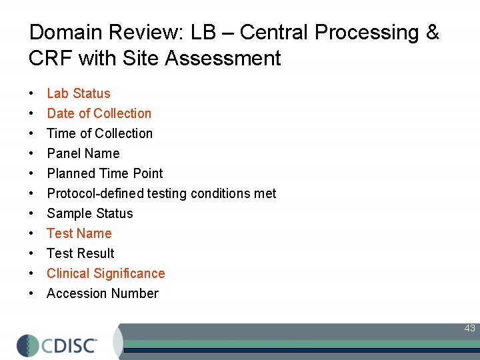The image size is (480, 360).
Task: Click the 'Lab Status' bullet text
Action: (78, 93)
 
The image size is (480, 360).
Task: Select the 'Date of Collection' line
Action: (99, 113)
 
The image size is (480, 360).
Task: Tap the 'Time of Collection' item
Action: (99, 133)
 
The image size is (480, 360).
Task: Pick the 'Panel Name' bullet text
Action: (83, 153)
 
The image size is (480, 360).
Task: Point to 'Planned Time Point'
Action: (105, 173)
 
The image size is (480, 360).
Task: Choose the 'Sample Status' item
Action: (89, 213)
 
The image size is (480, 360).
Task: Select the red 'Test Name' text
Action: (79, 233)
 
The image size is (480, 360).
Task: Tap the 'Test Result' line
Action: (80, 253)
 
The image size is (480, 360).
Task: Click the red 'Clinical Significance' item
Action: (105, 273)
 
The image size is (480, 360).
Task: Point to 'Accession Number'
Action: (102, 293)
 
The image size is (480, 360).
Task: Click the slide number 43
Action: (469, 328)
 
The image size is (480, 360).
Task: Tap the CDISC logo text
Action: (69, 345)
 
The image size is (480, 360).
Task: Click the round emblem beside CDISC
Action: (27, 345)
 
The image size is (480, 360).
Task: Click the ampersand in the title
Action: (432, 33)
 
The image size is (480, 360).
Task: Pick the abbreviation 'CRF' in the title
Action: (51, 59)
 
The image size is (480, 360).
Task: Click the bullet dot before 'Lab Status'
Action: (31, 94)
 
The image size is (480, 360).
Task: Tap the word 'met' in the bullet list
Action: (265, 193)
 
